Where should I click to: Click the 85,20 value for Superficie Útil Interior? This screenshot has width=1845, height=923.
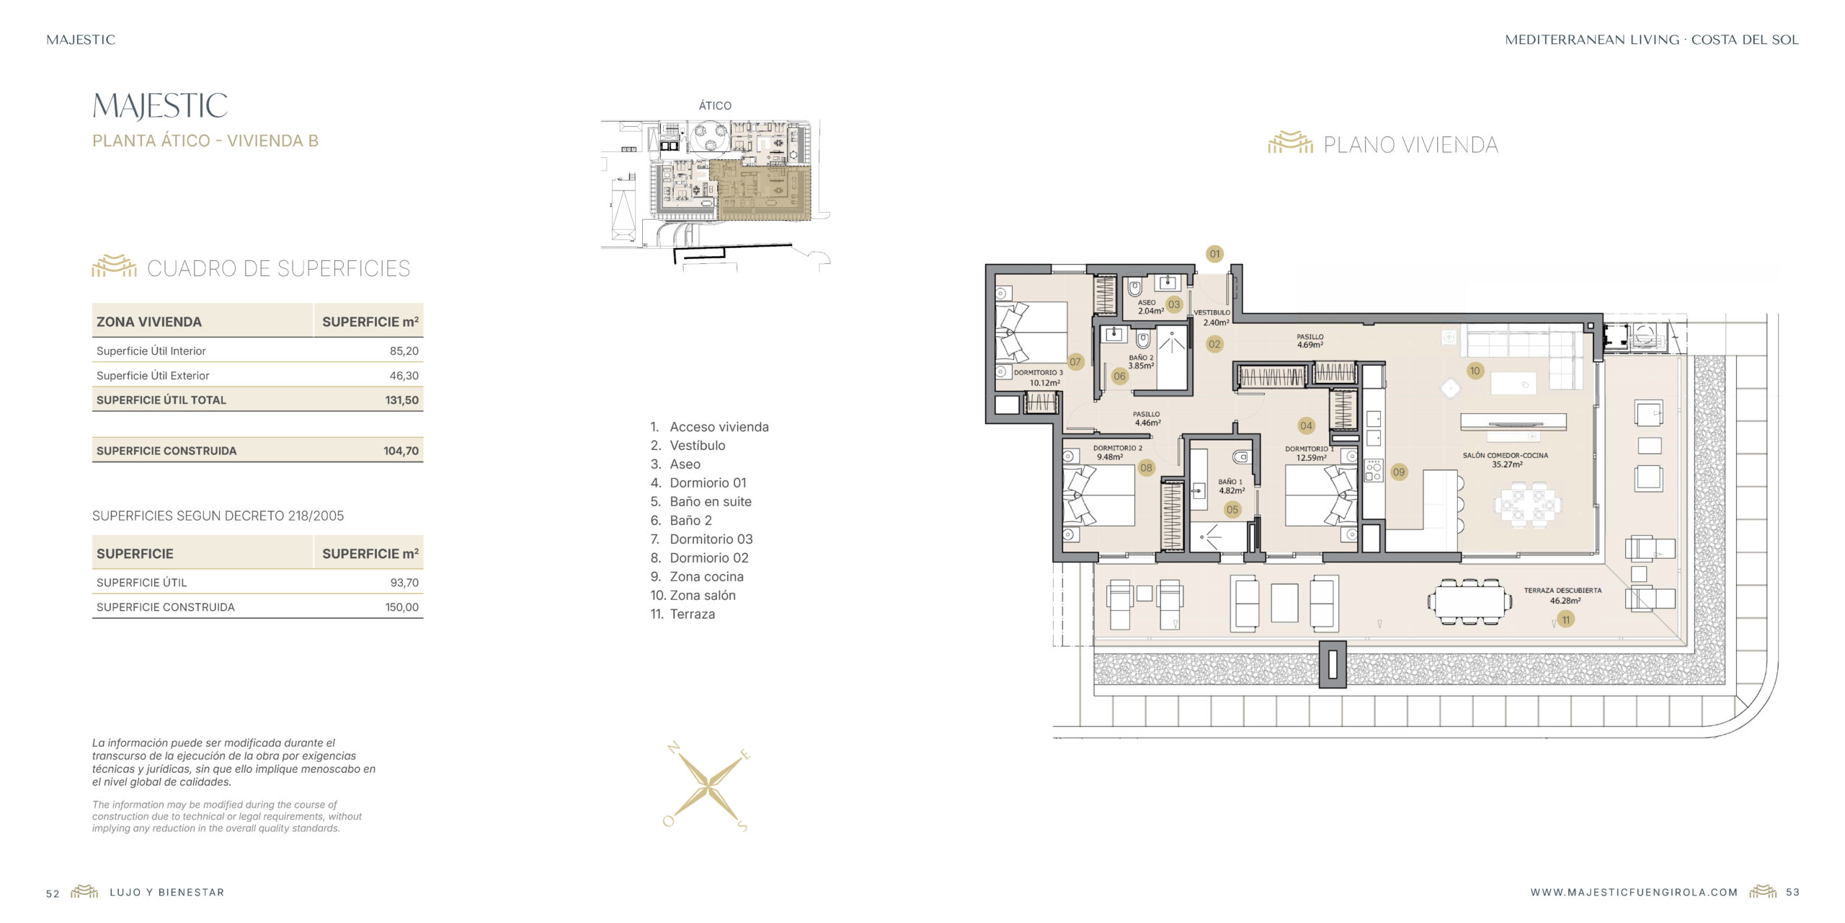[404, 351]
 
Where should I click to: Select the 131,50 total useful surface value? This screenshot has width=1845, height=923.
[401, 400]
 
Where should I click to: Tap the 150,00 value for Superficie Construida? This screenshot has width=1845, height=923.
[401, 607]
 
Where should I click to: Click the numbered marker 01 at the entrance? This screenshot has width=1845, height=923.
[1214, 254]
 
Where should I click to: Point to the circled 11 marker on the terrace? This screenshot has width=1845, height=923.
[1565, 619]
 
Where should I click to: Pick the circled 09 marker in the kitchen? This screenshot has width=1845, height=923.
[1398, 472]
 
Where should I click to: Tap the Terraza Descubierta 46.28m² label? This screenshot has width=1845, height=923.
[1562, 596]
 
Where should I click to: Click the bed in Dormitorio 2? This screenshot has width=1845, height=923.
[1099, 495]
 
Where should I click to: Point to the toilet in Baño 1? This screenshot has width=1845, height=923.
[1240, 457]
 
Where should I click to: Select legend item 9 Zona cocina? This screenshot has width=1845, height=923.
[697, 577]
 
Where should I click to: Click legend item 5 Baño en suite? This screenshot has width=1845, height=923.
[701, 502]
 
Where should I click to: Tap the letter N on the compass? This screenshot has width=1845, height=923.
[674, 748]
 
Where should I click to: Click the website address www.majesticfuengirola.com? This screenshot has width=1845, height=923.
[1635, 893]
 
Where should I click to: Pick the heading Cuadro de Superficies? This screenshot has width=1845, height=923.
[278, 268]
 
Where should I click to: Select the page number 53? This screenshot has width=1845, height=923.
[1792, 893]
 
